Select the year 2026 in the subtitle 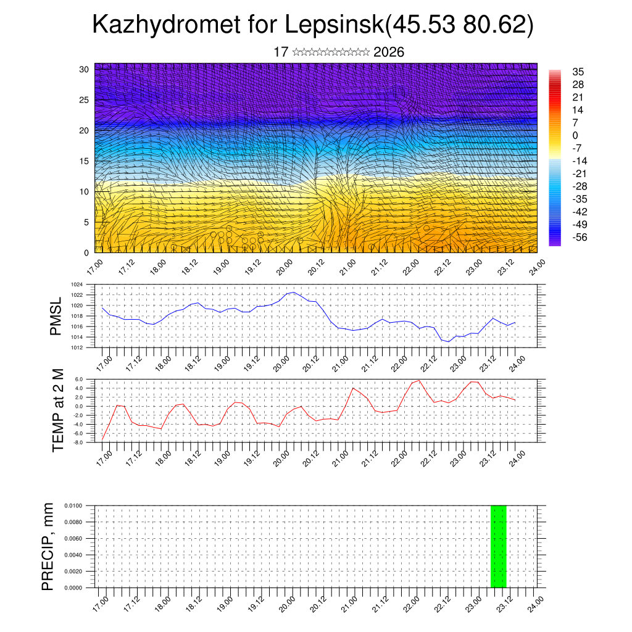(x=389, y=52)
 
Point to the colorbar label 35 (x=578, y=72)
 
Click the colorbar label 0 (x=575, y=135)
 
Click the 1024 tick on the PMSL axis (x=77, y=285)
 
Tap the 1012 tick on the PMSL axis (x=77, y=347)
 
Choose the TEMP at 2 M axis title (x=58, y=410)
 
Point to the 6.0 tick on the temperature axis (x=79, y=379)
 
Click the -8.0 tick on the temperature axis (x=78, y=443)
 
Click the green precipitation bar (x=499, y=546)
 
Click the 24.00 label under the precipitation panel (x=536, y=601)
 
